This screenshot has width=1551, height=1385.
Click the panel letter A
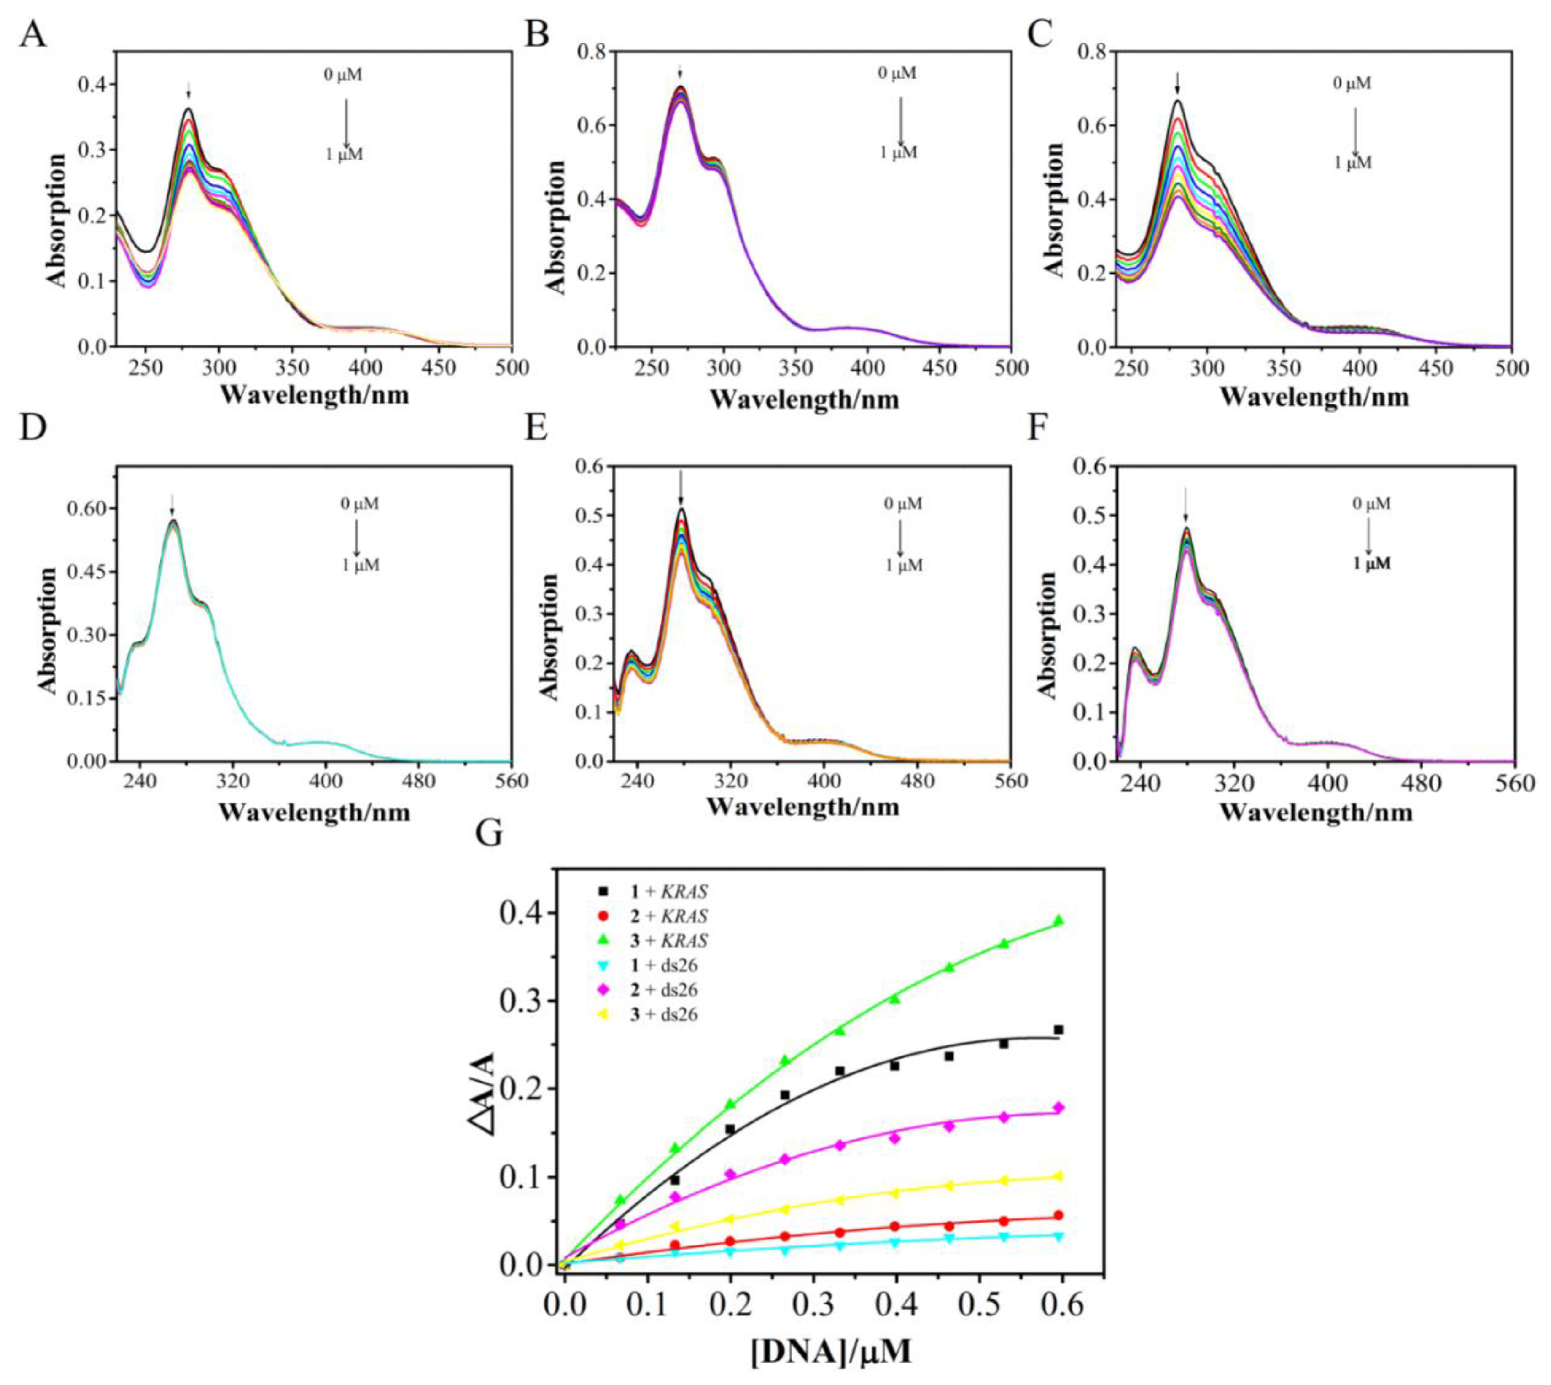pos(32,34)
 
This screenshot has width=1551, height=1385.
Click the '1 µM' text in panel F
pos(1371,564)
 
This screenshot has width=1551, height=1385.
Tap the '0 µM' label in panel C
pos(1352,83)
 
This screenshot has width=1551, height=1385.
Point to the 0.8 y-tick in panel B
pos(587,52)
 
